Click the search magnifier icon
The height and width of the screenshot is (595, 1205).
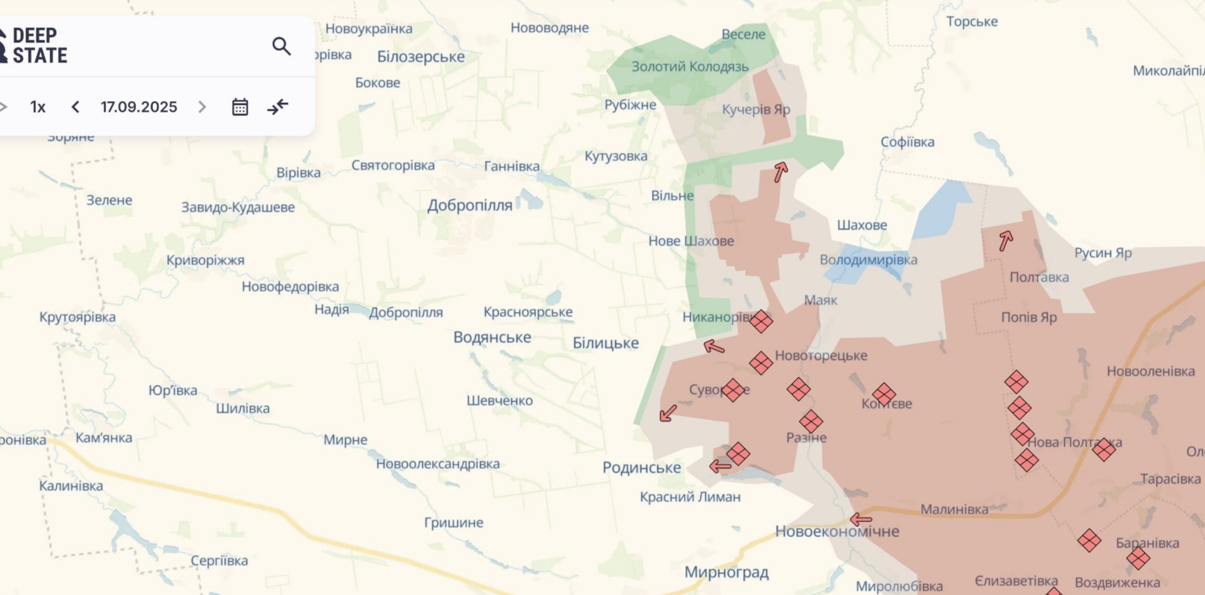coord(281,46)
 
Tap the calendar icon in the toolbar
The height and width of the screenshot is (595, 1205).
coord(240,107)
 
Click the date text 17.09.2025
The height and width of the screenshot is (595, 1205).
coord(139,107)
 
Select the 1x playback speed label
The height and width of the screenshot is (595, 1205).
coord(38,107)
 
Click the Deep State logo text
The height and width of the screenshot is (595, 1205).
coord(39,46)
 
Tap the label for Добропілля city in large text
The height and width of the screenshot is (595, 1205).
coord(470,205)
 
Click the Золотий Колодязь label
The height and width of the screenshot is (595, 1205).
coord(690,66)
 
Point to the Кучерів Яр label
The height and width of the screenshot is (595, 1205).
coord(756,109)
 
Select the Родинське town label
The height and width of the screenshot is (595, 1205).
coord(642,467)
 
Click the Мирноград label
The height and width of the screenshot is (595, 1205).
coord(726,572)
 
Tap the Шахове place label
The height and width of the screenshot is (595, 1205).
coord(862,225)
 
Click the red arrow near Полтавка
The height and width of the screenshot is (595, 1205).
coord(1006,240)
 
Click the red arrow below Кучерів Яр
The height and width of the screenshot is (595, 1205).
coord(780,171)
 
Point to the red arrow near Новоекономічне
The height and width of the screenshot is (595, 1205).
coord(861,519)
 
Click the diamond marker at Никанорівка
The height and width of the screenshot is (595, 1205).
coord(761,321)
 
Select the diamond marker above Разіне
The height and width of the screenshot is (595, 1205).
coord(811,421)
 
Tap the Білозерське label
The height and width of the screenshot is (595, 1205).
coord(421,57)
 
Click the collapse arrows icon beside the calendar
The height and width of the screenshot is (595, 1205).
coord(277,107)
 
